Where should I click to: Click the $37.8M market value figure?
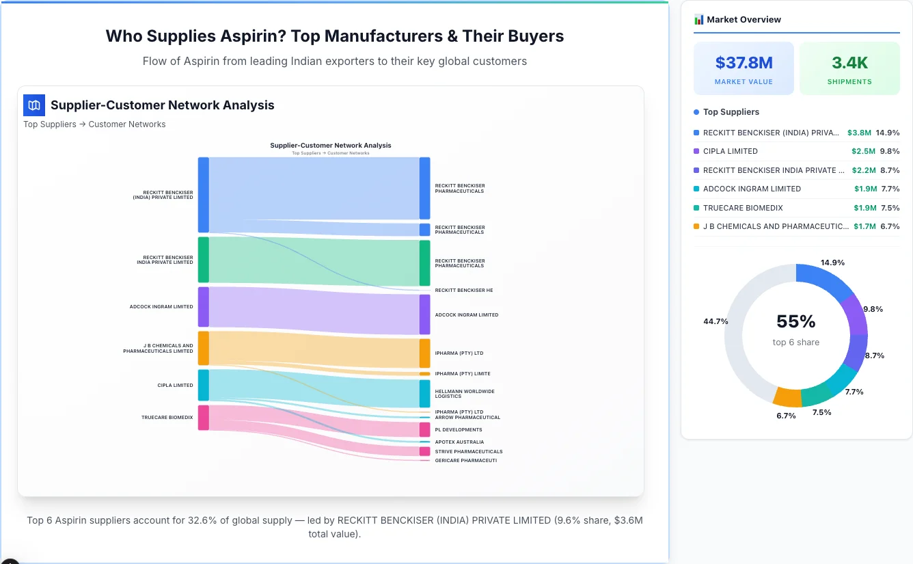point(744,63)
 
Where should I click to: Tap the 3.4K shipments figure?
point(849,63)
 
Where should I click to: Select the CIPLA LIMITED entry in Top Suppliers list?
point(730,151)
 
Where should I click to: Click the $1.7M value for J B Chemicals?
point(864,226)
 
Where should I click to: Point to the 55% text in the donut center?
point(795,321)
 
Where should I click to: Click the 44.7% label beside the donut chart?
point(716,321)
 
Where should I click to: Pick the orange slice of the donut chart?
point(787,397)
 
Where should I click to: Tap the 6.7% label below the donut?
point(786,416)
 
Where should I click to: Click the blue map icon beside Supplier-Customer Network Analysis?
point(34,105)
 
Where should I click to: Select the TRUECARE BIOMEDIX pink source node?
point(203,417)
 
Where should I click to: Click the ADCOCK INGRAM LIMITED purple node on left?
point(203,307)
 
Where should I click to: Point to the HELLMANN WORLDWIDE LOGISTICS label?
point(465,394)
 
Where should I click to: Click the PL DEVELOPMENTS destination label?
point(459,430)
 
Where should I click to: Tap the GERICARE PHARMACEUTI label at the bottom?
point(466,461)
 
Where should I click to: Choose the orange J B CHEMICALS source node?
point(203,348)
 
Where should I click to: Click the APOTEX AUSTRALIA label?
point(459,442)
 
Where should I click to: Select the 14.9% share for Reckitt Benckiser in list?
point(887,133)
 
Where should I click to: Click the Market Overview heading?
point(744,20)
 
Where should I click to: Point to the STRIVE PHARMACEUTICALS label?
point(469,452)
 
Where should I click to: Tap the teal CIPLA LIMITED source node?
point(203,385)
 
